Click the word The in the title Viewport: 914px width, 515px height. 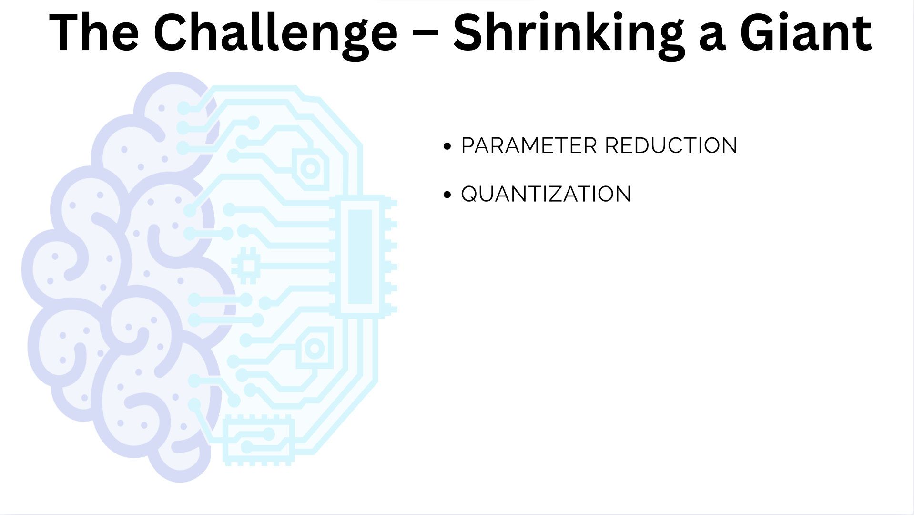(94, 32)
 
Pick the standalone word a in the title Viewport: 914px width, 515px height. (712, 37)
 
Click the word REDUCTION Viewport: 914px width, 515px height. (671, 145)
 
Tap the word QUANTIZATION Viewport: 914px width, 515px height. (546, 194)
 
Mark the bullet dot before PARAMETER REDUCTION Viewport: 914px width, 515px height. (447, 146)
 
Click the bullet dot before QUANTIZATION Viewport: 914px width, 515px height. (447, 195)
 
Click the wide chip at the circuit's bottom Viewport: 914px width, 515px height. (259, 440)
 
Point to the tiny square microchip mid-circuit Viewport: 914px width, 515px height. (246, 266)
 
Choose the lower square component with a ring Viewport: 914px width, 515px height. (315, 349)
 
